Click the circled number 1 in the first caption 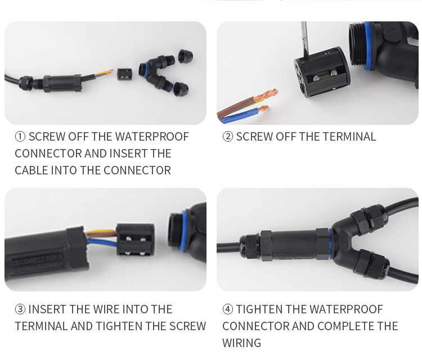[x=20, y=137]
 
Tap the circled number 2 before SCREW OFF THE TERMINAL [x=228, y=137]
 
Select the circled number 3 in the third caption [x=20, y=309]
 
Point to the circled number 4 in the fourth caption [x=228, y=309]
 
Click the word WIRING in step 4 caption [x=242, y=343]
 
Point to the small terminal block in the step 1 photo [x=125, y=75]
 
